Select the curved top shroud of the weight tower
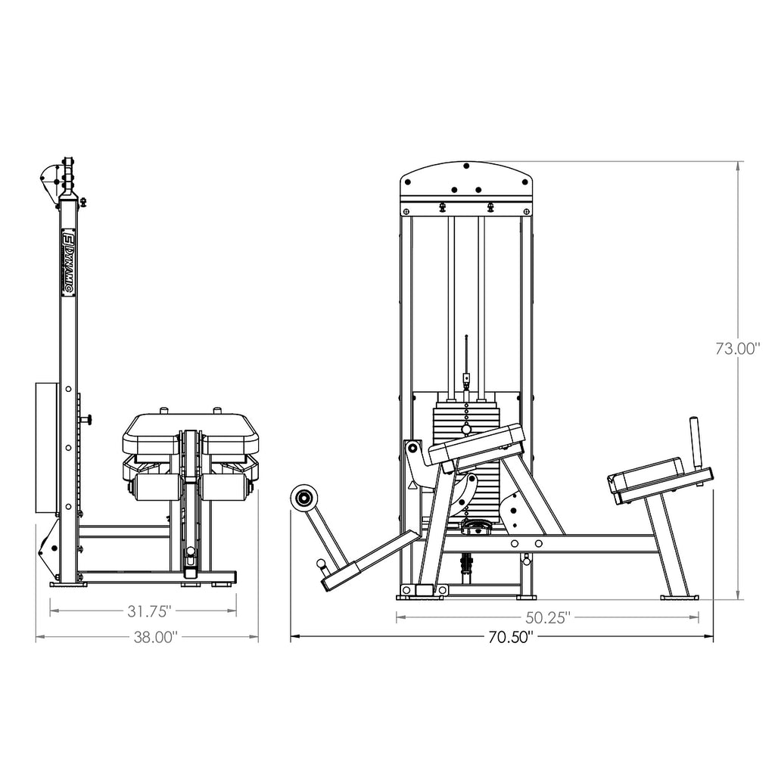tap(467, 178)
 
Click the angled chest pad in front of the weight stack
tap(477, 443)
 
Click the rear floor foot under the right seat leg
tap(679, 597)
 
